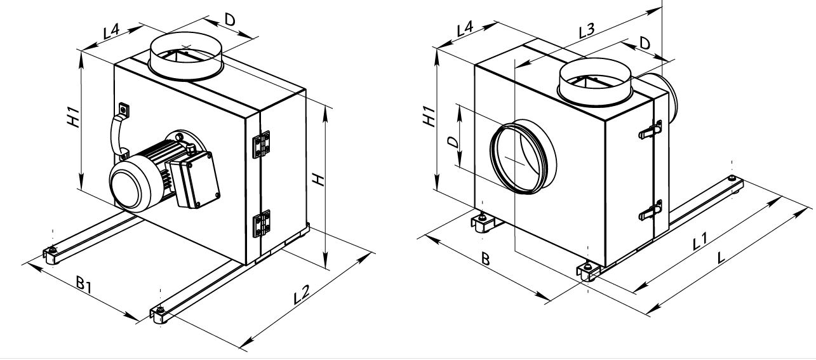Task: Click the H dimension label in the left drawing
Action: coord(319,180)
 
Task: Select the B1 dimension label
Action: coord(84,285)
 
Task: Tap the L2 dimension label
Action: coord(301,295)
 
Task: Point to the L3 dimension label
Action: coord(587,30)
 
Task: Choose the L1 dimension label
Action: coord(699,241)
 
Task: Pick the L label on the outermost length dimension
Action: coord(721,258)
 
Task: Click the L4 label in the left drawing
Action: coord(111,32)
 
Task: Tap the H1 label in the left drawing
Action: coord(73,117)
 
